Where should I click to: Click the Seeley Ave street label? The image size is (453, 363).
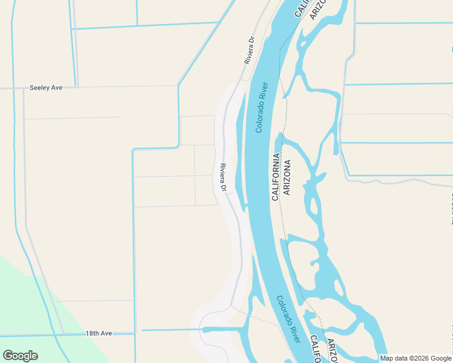tap(46, 88)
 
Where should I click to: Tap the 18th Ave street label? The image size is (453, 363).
tap(98, 333)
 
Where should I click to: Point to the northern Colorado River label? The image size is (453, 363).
tap(262, 107)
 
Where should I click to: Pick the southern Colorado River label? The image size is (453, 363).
tap(288, 319)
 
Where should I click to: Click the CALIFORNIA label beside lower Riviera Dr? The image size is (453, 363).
tap(276, 177)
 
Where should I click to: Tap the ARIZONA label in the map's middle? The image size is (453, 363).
tap(287, 177)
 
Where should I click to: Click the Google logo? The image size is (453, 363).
tap(20, 356)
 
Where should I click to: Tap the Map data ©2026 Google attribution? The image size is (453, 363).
tap(415, 358)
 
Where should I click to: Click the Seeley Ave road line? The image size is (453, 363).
tap(121, 87)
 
